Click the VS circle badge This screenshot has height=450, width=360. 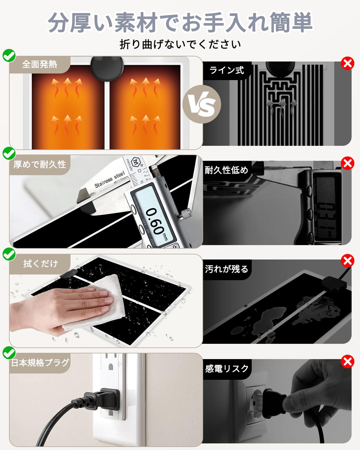click(202, 104)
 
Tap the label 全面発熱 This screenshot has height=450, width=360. click(40, 64)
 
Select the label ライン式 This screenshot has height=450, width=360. click(227, 70)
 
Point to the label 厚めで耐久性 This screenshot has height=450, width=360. click(40, 164)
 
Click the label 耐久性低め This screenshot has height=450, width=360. click(226, 170)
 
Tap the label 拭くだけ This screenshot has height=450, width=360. click(40, 264)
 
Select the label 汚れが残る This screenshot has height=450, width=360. click(226, 269)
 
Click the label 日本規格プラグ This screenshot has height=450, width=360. click(40, 363)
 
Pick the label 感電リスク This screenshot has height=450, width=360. click(227, 368)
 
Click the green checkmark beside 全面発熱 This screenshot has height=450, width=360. click(9, 55)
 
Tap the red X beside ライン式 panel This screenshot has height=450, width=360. click(347, 64)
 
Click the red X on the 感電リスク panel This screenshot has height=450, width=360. click(347, 361)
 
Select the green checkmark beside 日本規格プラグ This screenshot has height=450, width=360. click(9, 353)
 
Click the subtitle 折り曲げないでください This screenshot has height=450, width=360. click(180, 44)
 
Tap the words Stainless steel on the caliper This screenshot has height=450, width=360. click(109, 180)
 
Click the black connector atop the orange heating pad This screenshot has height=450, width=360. click(107, 68)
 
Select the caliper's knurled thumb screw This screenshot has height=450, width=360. click(184, 214)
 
